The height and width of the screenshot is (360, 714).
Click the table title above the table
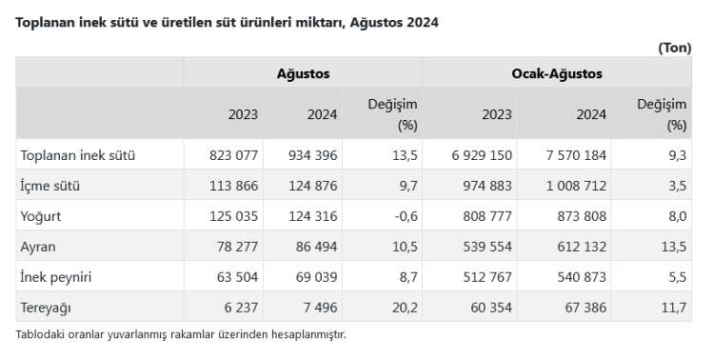[227, 20]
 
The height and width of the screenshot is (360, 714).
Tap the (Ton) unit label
[674, 48]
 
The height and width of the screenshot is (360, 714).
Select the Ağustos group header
[303, 72]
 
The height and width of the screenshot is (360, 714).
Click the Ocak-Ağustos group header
[557, 72]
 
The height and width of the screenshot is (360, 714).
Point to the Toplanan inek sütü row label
[77, 154]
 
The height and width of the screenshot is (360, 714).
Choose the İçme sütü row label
[50, 186]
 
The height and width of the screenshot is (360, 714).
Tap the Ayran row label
[39, 247]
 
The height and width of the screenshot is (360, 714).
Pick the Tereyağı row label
[46, 309]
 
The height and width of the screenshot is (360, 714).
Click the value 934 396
[311, 154]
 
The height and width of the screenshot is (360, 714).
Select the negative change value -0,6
[405, 216]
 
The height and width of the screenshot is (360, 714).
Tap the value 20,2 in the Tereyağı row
[406, 309]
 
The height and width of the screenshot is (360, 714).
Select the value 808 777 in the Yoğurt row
[487, 216]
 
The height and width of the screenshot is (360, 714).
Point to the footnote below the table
[181, 334]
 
